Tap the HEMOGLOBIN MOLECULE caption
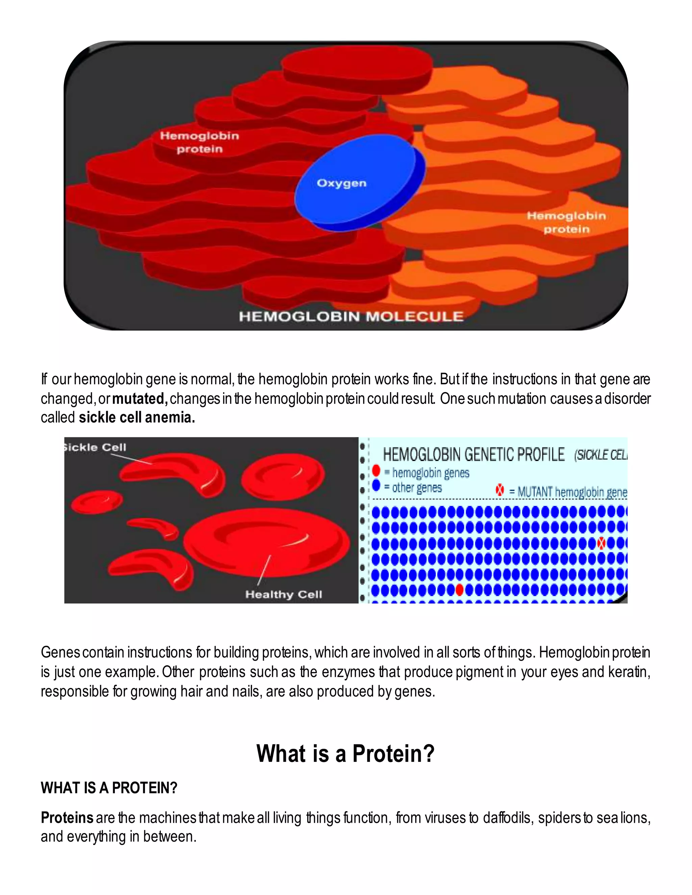pyautogui.click(x=351, y=316)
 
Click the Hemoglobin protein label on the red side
pyautogui.click(x=199, y=142)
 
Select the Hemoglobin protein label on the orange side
pyautogui.click(x=566, y=222)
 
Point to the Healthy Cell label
pyautogui.click(x=284, y=594)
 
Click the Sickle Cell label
pyautogui.click(x=95, y=447)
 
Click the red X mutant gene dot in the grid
pyautogui.click(x=601, y=543)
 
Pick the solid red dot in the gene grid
pyautogui.click(x=460, y=590)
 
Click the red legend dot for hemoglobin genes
pyautogui.click(x=376, y=471)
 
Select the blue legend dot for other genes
pyautogui.click(x=376, y=486)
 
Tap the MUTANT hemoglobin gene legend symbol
pyautogui.click(x=500, y=490)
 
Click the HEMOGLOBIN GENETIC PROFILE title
pyautogui.click(x=473, y=455)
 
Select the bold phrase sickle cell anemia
pyautogui.click(x=137, y=417)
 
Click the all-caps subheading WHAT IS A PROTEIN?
pyautogui.click(x=109, y=788)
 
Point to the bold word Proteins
pyautogui.click(x=67, y=818)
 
